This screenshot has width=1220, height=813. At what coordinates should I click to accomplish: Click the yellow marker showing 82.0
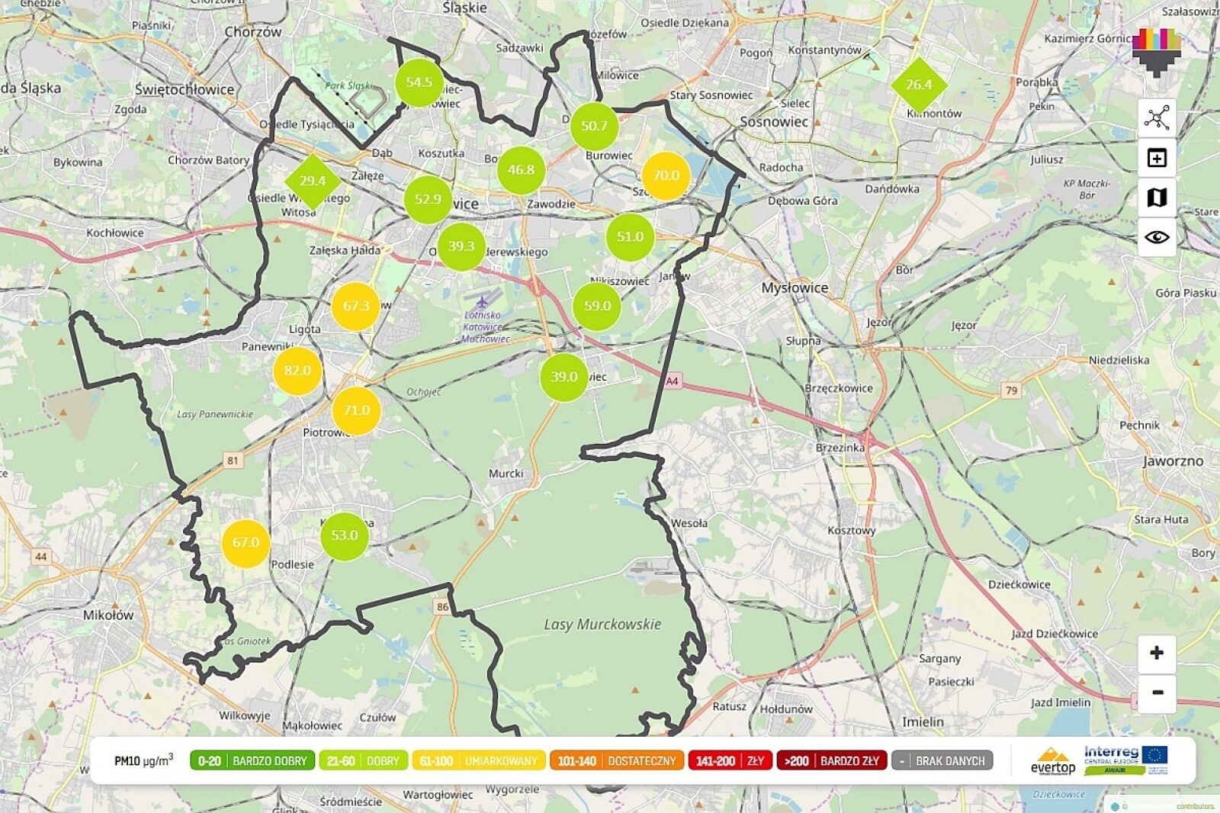click(297, 371)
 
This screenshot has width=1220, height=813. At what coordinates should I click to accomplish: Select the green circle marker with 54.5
click(419, 82)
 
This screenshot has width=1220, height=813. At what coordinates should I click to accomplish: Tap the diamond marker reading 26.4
click(919, 85)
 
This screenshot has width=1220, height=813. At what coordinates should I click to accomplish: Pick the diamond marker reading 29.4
click(312, 181)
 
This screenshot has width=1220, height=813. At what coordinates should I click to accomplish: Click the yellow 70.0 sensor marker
click(666, 175)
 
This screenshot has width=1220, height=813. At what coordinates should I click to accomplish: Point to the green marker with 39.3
click(461, 246)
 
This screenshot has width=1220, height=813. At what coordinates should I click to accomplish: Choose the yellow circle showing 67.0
click(246, 543)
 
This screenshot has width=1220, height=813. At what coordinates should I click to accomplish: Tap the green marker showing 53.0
click(345, 535)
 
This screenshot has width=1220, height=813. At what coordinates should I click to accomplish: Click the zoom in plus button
click(1157, 653)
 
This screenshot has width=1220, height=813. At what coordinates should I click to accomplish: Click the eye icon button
click(1157, 237)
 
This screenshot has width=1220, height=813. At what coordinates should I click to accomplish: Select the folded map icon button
click(1157, 198)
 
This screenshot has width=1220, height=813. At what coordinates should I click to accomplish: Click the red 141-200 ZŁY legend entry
click(730, 760)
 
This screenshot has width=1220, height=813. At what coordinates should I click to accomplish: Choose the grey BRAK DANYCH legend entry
click(942, 760)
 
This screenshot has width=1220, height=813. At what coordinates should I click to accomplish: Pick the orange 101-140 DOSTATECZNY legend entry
click(616, 760)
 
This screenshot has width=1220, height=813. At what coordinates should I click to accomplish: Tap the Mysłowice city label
click(795, 288)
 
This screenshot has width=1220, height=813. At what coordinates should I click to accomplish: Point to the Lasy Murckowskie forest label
click(602, 624)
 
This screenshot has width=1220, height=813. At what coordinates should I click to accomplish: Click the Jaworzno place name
click(1173, 461)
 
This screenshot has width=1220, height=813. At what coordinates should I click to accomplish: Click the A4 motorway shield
click(672, 381)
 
